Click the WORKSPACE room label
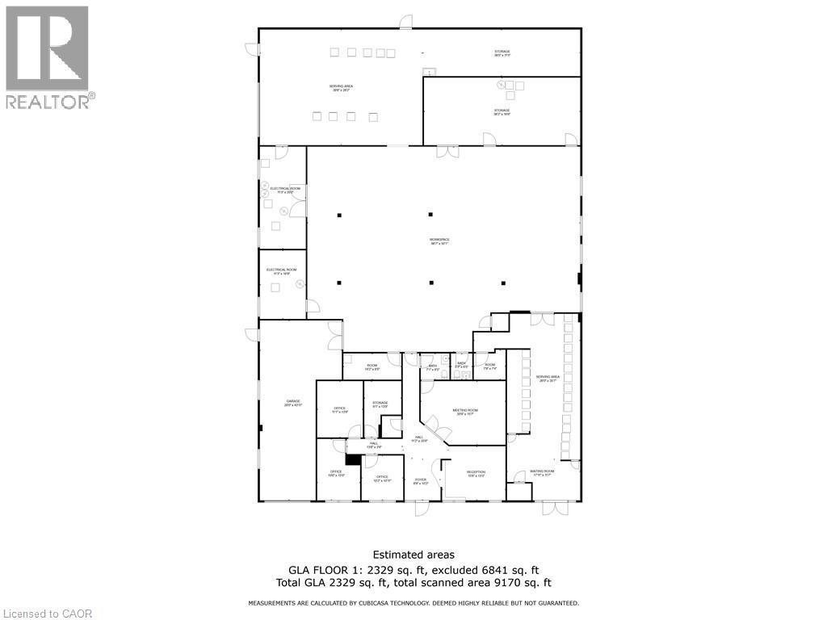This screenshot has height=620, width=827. point(439,239)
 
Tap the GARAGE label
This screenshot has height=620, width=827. point(292,401)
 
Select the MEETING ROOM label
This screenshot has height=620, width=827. point(465,411)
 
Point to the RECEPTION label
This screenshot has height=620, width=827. point(476,473)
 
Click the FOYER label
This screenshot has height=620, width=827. point(421,480)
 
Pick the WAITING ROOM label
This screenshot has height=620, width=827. point(542,472)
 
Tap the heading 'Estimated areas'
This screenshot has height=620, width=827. point(413,555)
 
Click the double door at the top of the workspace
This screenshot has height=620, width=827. point(447,152)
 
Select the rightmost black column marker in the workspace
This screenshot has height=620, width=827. point(503,283)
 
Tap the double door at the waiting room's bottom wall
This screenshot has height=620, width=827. point(555,508)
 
